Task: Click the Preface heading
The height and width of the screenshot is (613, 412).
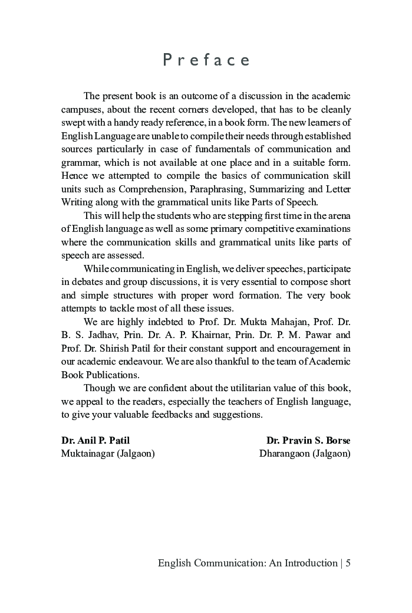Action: click(x=206, y=60)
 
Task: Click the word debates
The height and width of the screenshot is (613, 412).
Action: click(x=88, y=281)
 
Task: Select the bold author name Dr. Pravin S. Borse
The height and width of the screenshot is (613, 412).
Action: click(x=308, y=440)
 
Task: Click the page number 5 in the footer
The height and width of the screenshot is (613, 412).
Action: click(x=348, y=563)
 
